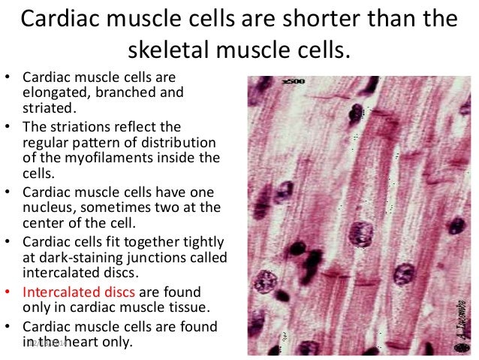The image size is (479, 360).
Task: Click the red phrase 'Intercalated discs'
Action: tap(75, 292)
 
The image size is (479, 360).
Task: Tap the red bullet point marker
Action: tap(8, 292)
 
